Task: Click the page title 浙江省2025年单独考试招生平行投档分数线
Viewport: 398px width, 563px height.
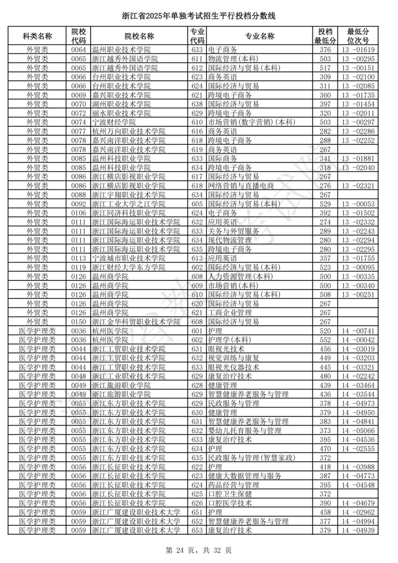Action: click(x=199, y=16)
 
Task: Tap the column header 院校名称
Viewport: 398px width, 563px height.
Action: click(x=139, y=36)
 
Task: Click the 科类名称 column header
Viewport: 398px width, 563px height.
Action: click(x=37, y=36)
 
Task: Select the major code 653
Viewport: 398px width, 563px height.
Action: click(x=197, y=531)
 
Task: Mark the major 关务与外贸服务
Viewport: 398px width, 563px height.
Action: click(x=233, y=231)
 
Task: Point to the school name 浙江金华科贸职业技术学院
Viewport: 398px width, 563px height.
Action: click(x=136, y=322)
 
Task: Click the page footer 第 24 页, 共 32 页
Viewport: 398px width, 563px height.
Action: click(x=199, y=551)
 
